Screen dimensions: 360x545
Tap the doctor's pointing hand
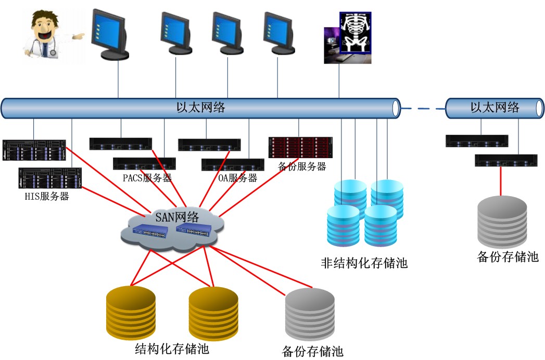coord(78,36)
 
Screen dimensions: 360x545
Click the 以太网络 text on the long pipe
coord(200,108)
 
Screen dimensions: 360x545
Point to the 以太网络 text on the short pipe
coord(495,108)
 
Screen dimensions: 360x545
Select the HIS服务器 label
coord(47,197)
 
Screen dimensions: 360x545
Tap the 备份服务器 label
coord(302,166)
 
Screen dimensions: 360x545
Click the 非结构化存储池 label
coord(364,263)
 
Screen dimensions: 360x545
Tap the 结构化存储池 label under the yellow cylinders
coord(172,349)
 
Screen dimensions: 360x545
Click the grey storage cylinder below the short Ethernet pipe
coord(502,221)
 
